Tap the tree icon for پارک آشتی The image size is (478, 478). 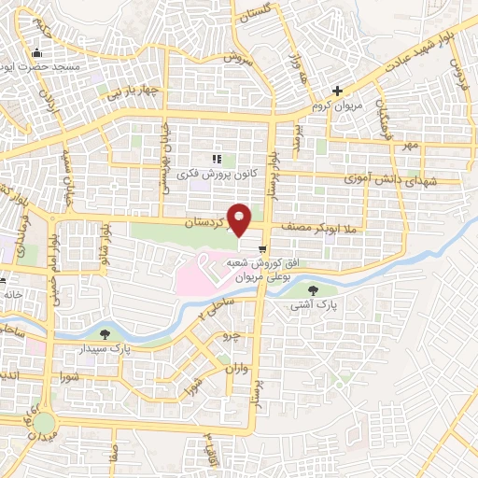[x=325, y=289]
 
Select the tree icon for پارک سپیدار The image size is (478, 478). [x=105, y=332]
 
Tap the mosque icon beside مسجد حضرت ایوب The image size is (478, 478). [x=36, y=52]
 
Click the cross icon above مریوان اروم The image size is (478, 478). [x=338, y=91]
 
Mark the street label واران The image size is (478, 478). [x=233, y=370]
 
